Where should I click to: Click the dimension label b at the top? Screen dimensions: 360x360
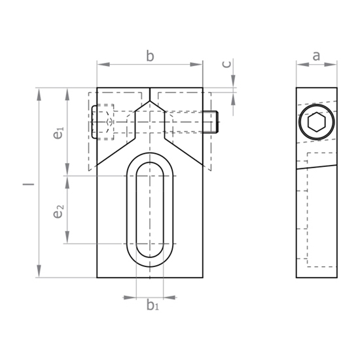[x=150, y=57]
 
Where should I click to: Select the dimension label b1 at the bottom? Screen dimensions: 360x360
[x=152, y=305]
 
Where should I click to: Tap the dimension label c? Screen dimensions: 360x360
[x=226, y=63]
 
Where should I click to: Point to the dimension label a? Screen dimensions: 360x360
[x=316, y=56]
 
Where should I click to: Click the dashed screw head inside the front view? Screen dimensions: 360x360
[x=103, y=122]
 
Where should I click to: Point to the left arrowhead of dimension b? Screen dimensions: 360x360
[x=101, y=64]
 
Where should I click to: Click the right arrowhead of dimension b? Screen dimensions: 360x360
[x=199, y=64]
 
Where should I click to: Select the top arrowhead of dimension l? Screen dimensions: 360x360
[x=40, y=92]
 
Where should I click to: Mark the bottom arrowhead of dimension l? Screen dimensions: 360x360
[x=40, y=273]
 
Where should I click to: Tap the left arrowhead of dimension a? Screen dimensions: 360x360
[x=300, y=64]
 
